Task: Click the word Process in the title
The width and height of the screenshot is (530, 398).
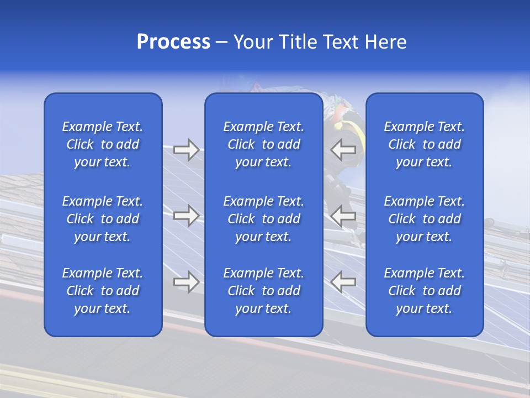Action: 173,42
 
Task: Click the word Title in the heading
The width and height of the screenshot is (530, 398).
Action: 298,42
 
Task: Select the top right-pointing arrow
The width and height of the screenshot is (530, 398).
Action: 187,150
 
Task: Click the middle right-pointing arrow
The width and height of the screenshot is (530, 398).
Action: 187,215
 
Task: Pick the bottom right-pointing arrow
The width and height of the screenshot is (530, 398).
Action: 187,282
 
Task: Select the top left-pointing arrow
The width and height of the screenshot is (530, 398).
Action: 343,150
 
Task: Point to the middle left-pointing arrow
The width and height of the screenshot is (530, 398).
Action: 343,215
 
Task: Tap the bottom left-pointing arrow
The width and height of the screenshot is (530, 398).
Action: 343,282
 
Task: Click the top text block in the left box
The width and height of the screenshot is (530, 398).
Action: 103,144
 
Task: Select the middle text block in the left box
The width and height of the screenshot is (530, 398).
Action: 103,219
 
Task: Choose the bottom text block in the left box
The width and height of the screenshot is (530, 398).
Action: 103,291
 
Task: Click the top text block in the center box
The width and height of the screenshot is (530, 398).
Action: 264,144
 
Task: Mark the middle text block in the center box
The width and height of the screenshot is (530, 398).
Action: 264,219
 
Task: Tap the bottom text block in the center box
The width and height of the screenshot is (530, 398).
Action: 264,291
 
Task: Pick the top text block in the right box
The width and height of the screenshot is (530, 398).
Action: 425,144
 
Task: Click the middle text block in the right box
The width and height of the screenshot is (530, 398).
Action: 425,219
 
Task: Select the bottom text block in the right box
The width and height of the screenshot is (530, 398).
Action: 425,291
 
